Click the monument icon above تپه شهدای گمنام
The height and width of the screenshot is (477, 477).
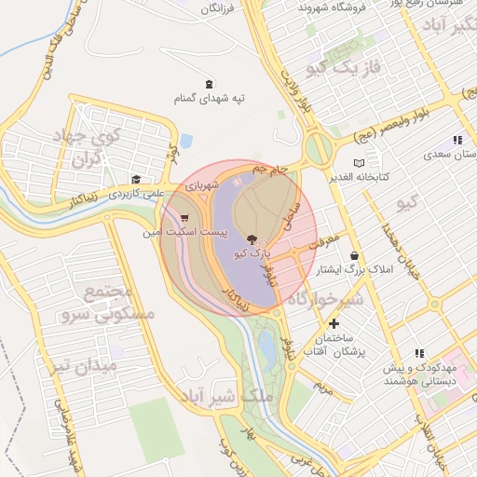click(x=206, y=82)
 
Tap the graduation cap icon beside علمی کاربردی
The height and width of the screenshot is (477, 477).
click(x=136, y=179)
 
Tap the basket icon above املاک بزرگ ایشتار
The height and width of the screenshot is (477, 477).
click(x=354, y=255)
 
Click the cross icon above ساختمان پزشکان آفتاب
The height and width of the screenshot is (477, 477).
click(x=334, y=322)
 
